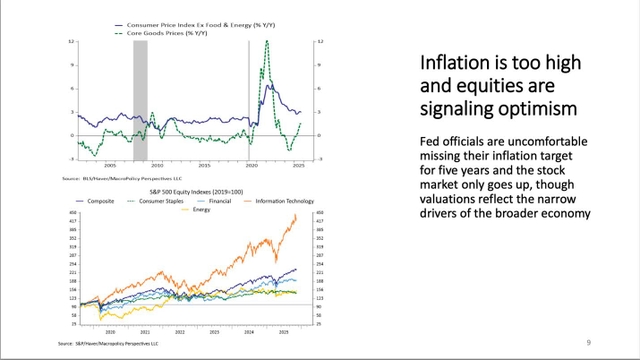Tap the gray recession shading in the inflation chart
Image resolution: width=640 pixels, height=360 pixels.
click(x=140, y=100)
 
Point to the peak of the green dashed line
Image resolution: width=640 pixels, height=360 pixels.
click(x=267, y=42)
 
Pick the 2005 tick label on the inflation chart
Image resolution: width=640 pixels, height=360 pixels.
click(x=108, y=165)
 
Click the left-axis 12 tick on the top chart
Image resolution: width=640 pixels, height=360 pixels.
click(x=73, y=42)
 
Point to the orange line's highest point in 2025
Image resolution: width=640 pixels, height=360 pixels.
click(x=296, y=216)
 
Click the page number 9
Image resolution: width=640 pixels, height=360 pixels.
click(x=587, y=341)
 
